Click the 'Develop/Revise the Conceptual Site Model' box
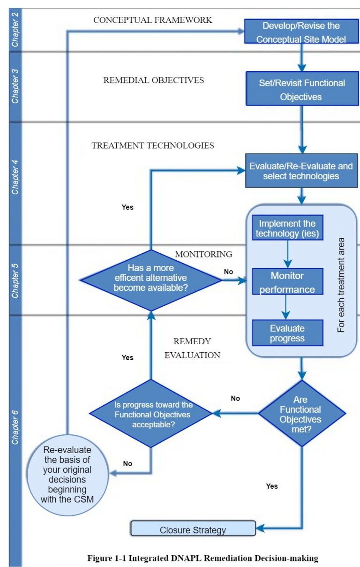pos(301,32)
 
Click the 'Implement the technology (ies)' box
pos(287,228)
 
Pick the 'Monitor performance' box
pos(287,282)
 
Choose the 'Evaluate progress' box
pos(287,333)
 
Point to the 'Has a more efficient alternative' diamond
pos(150,280)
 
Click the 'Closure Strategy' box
pos(193,530)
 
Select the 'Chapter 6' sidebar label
pos(15,427)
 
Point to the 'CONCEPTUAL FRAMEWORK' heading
pos(153,20)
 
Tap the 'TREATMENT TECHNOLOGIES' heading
pos(153,145)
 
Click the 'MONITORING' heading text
pos(203,254)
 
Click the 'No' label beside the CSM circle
pos(127,463)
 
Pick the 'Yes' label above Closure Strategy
pos(272,486)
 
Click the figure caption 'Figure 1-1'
pos(203,558)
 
